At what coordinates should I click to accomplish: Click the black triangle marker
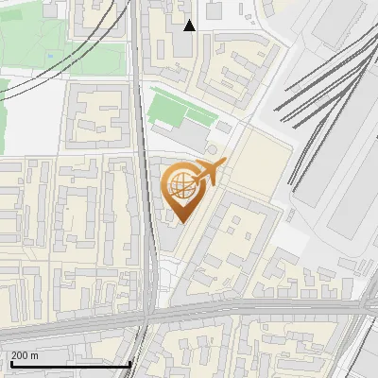[190, 26]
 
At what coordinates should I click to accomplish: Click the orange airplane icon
[207, 173]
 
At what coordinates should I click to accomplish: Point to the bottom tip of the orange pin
[180, 223]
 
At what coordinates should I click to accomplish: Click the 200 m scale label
[25, 356]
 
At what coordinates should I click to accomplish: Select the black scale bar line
[70, 364]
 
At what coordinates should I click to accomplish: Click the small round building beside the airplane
[212, 149]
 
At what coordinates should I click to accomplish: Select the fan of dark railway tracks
[321, 94]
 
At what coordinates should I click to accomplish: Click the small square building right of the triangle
[215, 11]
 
